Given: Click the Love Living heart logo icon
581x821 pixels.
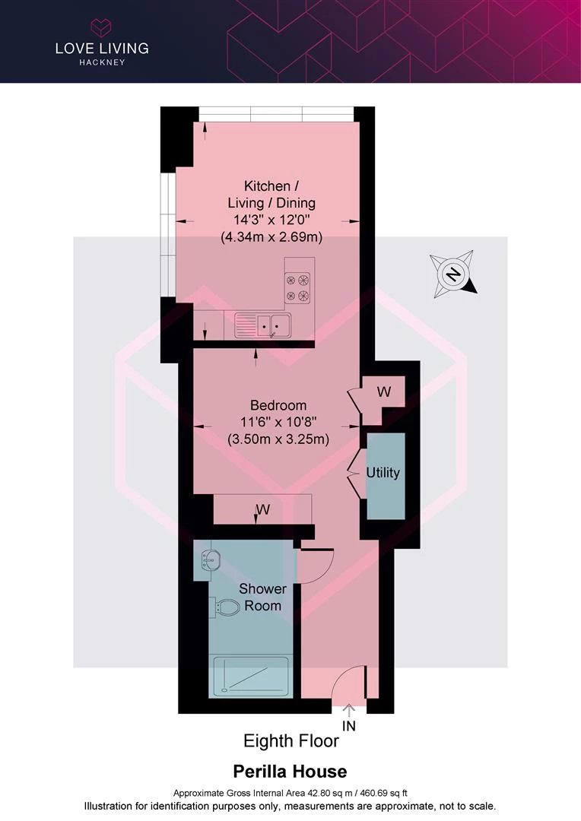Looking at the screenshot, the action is click(101, 28).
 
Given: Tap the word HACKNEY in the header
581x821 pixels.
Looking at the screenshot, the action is click(102, 62).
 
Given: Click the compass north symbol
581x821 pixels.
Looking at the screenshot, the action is click(454, 274).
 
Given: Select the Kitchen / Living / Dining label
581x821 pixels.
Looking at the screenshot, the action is click(271, 195).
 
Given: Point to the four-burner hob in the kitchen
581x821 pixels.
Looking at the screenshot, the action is click(297, 287).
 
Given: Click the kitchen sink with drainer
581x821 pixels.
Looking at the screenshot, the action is click(262, 325).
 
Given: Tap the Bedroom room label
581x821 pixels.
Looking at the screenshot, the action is click(278, 404).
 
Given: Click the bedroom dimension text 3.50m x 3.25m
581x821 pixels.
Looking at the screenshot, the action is click(278, 439).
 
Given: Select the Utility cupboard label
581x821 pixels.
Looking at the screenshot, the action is click(383, 472).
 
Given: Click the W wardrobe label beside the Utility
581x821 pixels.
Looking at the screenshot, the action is click(384, 391).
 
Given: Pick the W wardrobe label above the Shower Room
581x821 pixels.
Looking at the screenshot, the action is click(263, 509).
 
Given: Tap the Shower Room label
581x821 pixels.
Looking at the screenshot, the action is click(262, 597).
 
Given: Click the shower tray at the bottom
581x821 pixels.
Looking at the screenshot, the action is click(249, 676).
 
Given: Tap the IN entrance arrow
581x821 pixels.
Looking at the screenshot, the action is click(349, 710).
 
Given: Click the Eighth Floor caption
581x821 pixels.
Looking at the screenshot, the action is click(291, 741).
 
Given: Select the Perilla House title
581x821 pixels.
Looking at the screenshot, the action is click(290, 772).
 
